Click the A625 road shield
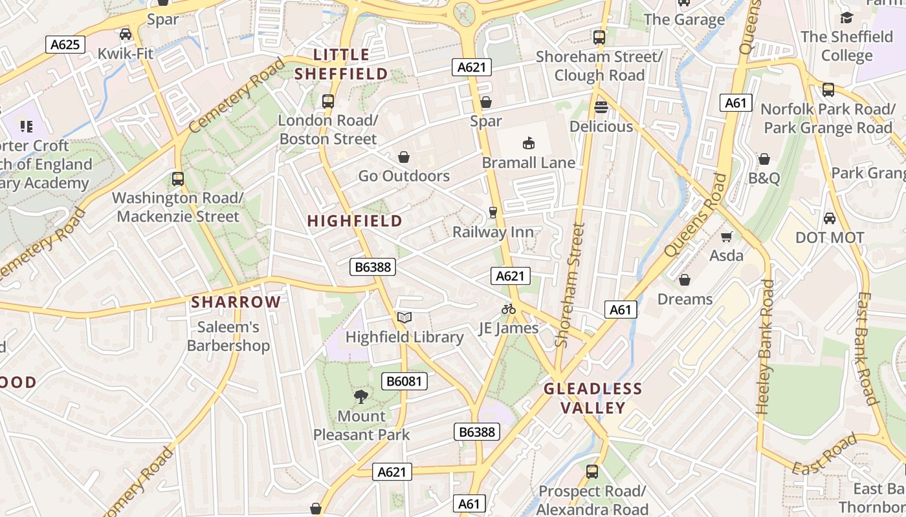[x=65, y=45]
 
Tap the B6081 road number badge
[x=404, y=381]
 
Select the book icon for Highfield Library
[x=404, y=317]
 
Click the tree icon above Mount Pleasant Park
[x=361, y=397]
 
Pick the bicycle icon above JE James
[x=509, y=309]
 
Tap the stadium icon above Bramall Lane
[x=528, y=143]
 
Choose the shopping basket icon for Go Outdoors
[x=404, y=157]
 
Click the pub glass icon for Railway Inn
[x=493, y=213]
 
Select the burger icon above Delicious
[x=601, y=107]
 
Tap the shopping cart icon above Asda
[x=726, y=237]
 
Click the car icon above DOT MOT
[x=829, y=218]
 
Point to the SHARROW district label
[x=236, y=302]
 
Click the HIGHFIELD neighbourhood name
[x=355, y=221]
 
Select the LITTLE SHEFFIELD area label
[x=341, y=64]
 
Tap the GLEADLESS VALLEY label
[x=593, y=398]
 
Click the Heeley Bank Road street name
[x=765, y=346]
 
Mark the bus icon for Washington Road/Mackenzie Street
[x=178, y=178]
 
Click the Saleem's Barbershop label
[x=228, y=336]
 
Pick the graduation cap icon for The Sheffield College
[x=846, y=17]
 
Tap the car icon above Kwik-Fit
[x=126, y=34]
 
